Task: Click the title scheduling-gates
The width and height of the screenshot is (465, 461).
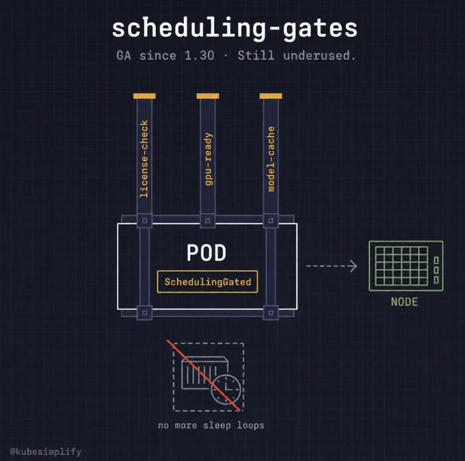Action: click(235, 29)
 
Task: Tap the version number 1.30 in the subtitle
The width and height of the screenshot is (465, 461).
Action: click(199, 55)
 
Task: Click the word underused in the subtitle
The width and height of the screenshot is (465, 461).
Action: click(319, 55)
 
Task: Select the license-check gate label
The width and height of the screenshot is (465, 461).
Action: click(144, 159)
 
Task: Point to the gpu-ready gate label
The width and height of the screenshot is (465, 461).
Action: click(209, 159)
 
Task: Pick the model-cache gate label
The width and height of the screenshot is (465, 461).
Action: click(271, 159)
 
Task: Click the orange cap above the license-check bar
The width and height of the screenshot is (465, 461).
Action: click(144, 96)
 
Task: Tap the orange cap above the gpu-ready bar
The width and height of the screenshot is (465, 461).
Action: click(208, 96)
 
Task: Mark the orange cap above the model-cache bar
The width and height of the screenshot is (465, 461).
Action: click(271, 96)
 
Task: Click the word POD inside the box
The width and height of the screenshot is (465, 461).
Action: click(207, 253)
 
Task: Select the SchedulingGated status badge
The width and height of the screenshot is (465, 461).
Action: click(208, 282)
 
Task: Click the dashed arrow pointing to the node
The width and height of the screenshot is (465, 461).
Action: click(332, 266)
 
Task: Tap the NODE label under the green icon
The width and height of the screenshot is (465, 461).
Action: click(405, 302)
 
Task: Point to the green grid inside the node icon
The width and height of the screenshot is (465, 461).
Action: click(401, 266)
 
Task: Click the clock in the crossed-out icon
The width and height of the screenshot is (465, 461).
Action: click(226, 389)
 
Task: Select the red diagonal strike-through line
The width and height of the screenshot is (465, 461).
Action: click(204, 376)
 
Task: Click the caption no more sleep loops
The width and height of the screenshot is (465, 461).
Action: click(211, 425)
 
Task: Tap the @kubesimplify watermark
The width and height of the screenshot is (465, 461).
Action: click(45, 451)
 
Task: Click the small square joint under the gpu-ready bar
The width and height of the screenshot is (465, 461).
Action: click(208, 221)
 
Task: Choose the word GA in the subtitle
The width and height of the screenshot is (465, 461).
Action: click(124, 55)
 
